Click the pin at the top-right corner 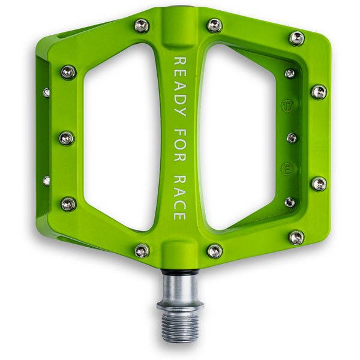(x=296, y=38)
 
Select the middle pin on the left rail (x=67, y=138)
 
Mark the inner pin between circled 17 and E (x=292, y=138)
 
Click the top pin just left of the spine (x=142, y=26)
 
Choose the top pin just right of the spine (x=214, y=25)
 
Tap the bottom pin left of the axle (x=142, y=250)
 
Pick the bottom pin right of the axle (x=214, y=250)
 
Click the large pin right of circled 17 (x=319, y=92)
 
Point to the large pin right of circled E (x=319, y=184)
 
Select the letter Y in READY (x=179, y=113)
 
